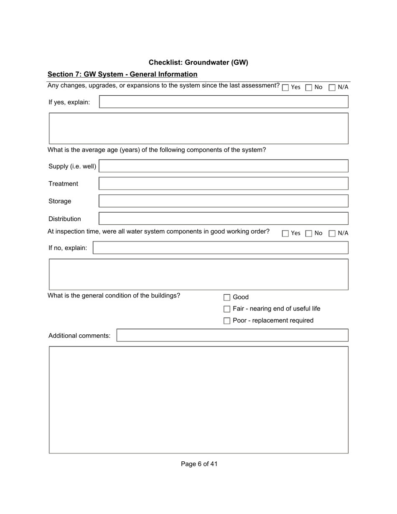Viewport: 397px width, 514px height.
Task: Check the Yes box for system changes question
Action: [x=285, y=88]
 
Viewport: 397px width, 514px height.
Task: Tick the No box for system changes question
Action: [x=309, y=88]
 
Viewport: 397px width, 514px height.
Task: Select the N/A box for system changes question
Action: [x=332, y=88]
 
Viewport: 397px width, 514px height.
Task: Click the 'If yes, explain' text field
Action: [x=224, y=102]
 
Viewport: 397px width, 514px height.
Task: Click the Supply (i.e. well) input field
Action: [x=224, y=166]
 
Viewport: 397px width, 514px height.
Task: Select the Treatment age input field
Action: [x=224, y=184]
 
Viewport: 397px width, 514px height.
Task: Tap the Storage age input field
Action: [x=224, y=201]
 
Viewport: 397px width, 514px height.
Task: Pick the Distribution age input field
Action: [x=224, y=219]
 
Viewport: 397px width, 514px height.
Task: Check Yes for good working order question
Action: [x=285, y=234]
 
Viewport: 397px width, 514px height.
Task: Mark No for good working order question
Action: [x=309, y=234]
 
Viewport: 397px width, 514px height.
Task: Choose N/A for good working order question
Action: [x=332, y=234]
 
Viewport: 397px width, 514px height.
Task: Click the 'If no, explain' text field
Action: [x=220, y=248]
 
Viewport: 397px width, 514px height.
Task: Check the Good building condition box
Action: [x=227, y=298]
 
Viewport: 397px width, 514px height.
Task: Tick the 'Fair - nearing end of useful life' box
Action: [x=227, y=309]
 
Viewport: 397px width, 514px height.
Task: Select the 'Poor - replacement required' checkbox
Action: [x=227, y=321]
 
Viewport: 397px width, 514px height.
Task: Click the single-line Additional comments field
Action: [x=232, y=336]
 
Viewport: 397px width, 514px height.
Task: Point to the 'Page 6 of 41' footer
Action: [x=199, y=464]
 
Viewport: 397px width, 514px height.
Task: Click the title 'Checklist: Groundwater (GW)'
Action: [x=198, y=63]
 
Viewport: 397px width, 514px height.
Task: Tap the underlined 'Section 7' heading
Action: [x=122, y=74]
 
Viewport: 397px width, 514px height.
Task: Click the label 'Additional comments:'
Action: [x=79, y=336]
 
